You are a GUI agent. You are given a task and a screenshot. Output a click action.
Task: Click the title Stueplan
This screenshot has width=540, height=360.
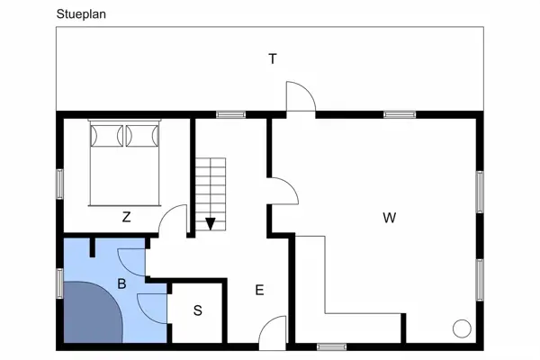coord(81,14)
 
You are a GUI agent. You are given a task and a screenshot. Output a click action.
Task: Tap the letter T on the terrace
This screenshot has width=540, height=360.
coord(273,58)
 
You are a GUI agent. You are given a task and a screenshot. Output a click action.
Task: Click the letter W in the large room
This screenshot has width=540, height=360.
coord(390,218)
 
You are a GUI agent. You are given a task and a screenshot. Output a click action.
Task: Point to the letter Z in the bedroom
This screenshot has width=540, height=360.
coord(126,217)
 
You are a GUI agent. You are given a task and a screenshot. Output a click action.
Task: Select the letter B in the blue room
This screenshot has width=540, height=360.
coord(121,283)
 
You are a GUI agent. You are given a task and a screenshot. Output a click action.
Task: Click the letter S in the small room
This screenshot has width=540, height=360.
coord(198,310)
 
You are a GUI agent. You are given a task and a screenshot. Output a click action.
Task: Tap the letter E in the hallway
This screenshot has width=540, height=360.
coord(260,290)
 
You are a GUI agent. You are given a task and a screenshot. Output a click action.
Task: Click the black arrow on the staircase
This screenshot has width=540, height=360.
coord(210,224)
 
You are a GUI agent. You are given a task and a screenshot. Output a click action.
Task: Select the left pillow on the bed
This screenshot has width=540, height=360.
coord(107,136)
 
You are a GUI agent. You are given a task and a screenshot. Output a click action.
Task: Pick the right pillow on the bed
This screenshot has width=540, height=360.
coord(142,136)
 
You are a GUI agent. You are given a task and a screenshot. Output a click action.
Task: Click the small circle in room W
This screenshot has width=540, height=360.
coord(462,328)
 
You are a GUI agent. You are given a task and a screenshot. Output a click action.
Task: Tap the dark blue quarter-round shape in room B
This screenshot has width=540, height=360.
coord(93,312)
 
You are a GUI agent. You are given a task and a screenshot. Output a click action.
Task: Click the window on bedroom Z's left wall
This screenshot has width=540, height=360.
coord(60,184)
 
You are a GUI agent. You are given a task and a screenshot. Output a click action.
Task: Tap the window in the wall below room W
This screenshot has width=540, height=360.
coord(331,346)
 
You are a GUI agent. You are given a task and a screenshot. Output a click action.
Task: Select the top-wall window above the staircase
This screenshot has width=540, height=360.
coord(230,114)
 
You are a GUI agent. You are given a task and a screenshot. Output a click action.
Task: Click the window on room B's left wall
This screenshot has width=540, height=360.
coord(60,283)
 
